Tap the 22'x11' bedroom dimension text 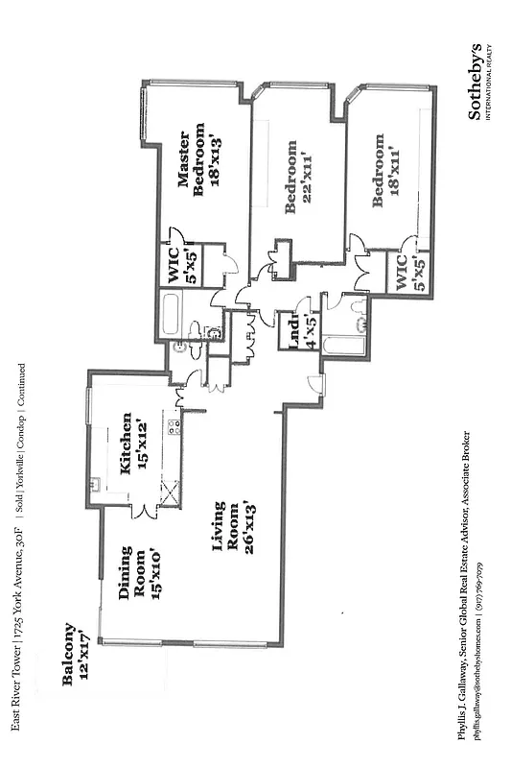[x=309, y=185]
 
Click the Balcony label [x=70, y=655]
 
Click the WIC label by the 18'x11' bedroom [x=403, y=273]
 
